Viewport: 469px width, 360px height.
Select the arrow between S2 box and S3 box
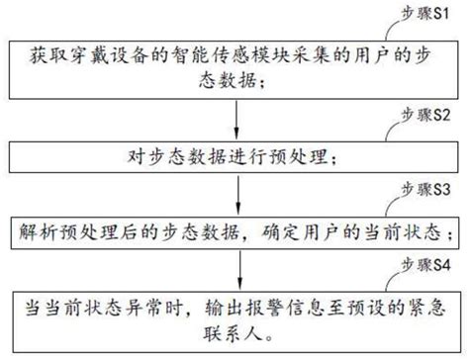pyautogui.click(x=236, y=193)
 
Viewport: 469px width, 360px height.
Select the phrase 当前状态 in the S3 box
pyautogui.click(x=409, y=230)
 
